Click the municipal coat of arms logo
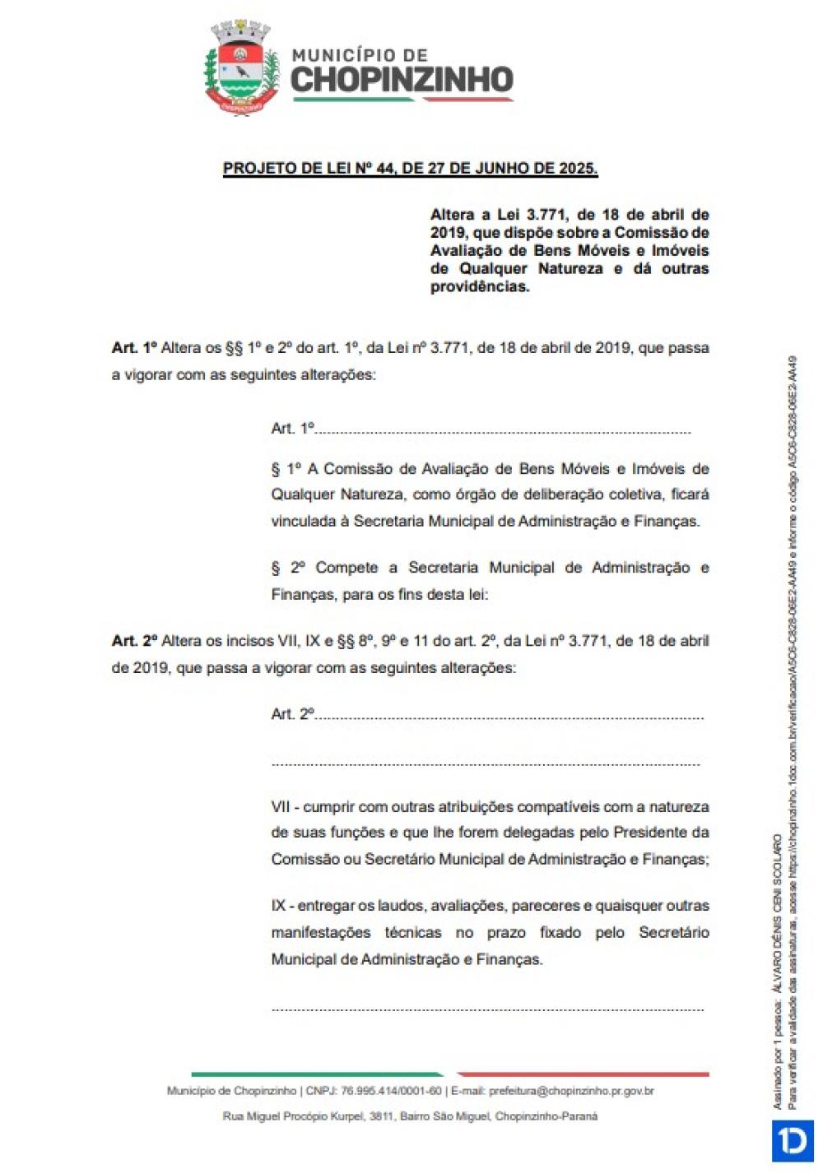[240, 68]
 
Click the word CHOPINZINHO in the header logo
[402, 80]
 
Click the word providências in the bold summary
[479, 287]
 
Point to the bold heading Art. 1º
[133, 348]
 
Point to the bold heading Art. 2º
[133, 641]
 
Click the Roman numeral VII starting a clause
[280, 807]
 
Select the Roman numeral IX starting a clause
[278, 906]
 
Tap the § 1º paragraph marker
[286, 469]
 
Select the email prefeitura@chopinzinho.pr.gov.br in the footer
[571, 1091]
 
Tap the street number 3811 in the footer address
[381, 1116]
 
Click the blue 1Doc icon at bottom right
[793, 1141]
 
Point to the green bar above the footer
[317, 1074]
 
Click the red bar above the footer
[583, 1074]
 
